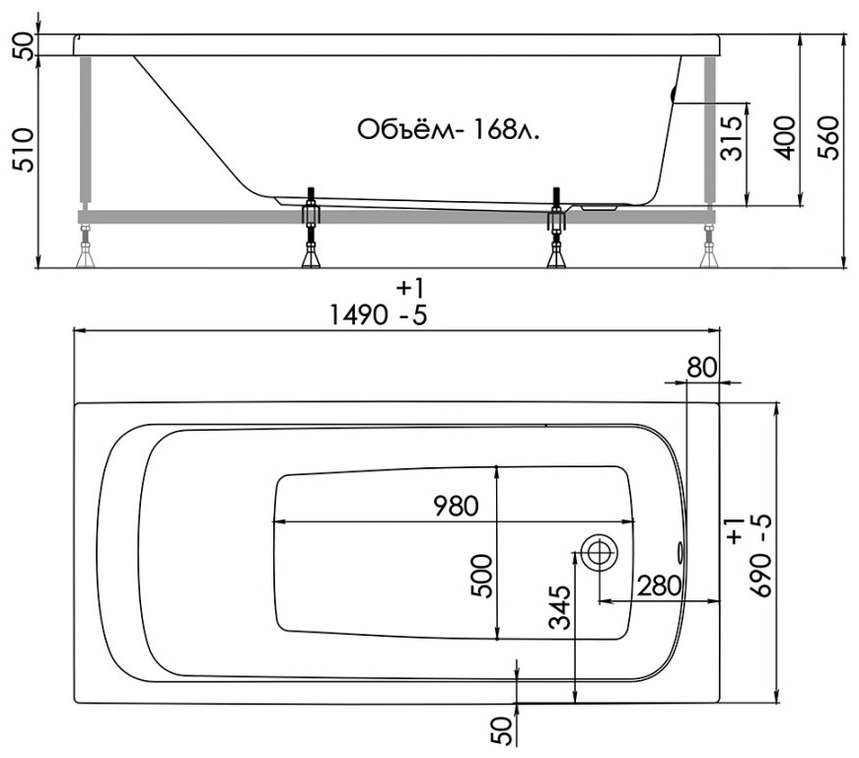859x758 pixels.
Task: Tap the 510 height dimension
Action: pos(24,150)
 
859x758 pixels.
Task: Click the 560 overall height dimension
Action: pos(827,137)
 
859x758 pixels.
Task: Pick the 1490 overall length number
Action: pos(361,314)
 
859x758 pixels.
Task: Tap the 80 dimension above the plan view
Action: pos(702,368)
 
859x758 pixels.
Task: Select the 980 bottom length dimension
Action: pos(456,506)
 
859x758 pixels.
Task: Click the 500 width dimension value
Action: pos(481,576)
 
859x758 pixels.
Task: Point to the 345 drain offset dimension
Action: pos(560,607)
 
